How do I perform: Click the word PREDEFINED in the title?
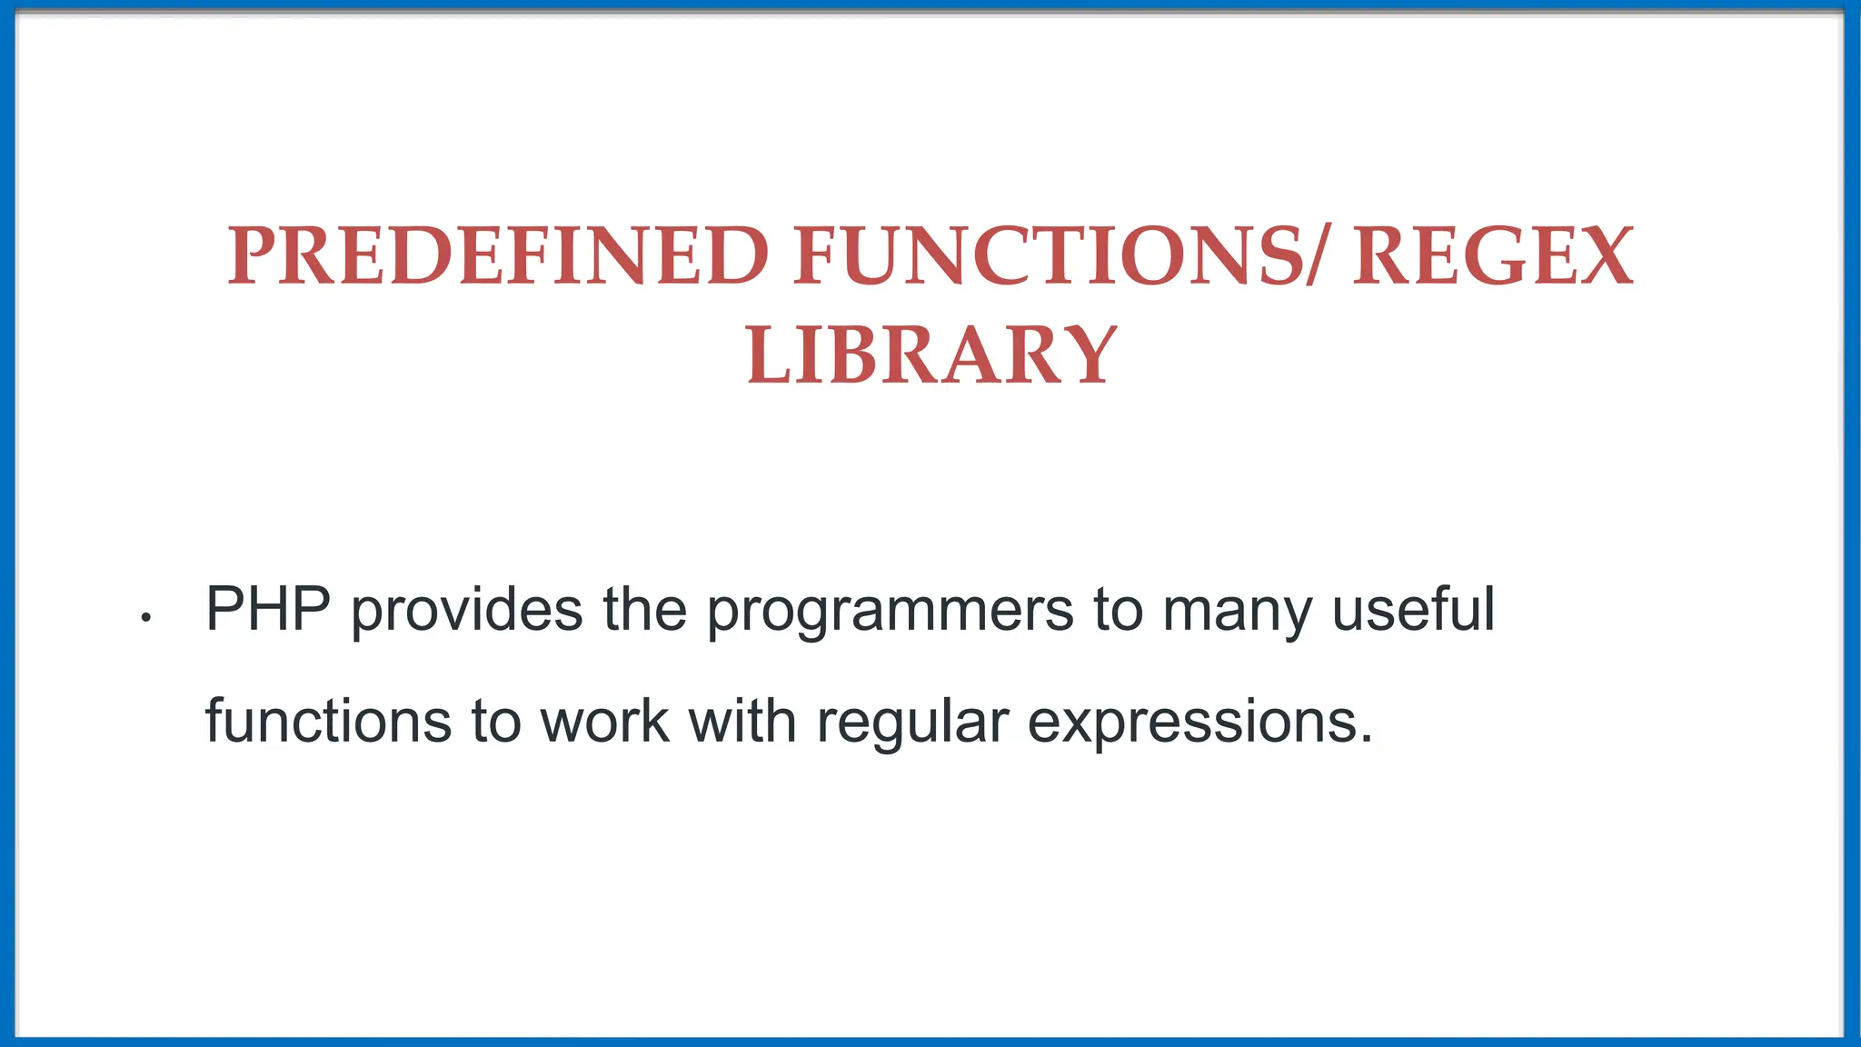tap(498, 256)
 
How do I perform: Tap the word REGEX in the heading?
tap(1493, 256)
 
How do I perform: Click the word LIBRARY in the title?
tap(931, 355)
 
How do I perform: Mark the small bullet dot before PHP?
tap(145, 619)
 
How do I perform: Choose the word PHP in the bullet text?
tap(268, 608)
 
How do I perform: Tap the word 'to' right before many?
tap(1118, 610)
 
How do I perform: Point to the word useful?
tap(1413, 608)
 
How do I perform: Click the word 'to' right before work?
tap(495, 722)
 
